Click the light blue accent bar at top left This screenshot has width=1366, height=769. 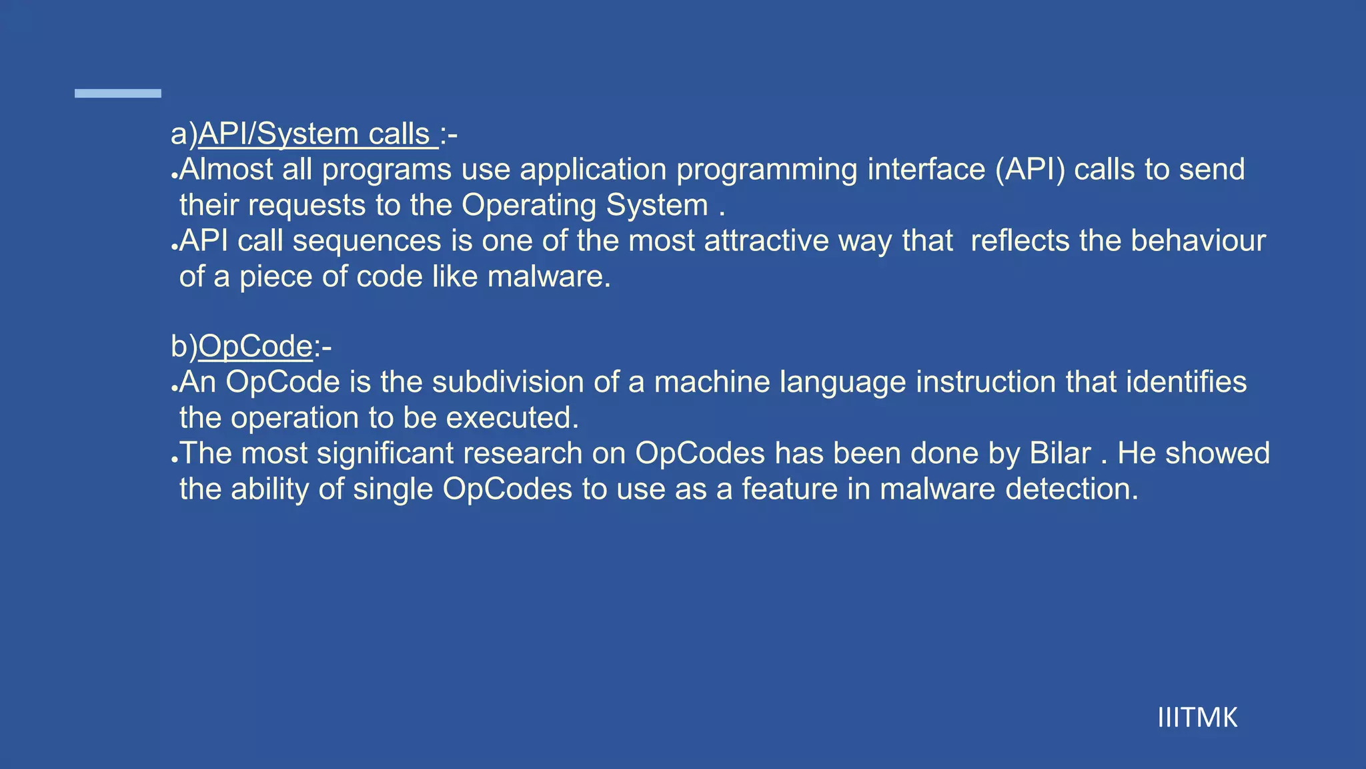118,93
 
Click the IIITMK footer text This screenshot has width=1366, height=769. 1197,718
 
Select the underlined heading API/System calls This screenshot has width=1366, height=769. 317,134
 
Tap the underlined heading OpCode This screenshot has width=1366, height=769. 255,346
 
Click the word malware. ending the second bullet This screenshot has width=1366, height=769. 549,277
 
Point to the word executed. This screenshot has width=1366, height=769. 512,419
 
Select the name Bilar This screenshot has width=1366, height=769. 1060,454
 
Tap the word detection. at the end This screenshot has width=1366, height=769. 1072,489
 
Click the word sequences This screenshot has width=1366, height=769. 367,241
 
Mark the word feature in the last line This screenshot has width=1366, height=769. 790,489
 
